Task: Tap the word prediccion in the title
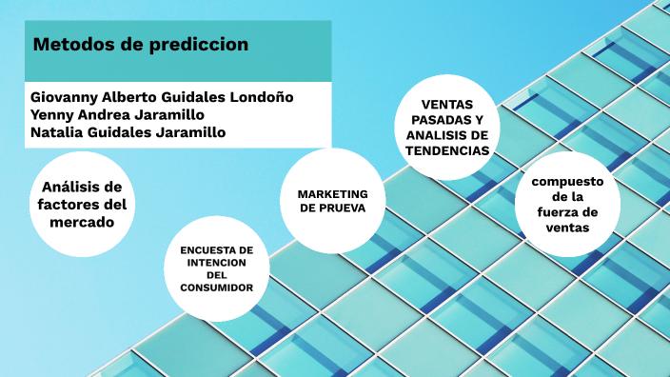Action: click(199, 45)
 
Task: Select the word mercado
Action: click(84, 222)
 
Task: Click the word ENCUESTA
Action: click(216, 249)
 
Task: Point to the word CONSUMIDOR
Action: click(216, 287)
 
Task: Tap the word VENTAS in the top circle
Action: click(444, 104)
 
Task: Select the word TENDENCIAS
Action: click(444, 150)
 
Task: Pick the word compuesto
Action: click(567, 182)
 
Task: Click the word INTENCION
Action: click(216, 262)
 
